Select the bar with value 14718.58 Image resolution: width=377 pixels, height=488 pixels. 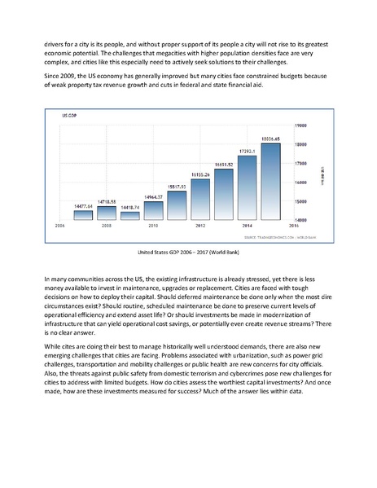pos(107,213)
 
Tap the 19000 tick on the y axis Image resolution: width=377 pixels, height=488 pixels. pos(300,125)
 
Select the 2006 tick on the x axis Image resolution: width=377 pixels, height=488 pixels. pos(59,224)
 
